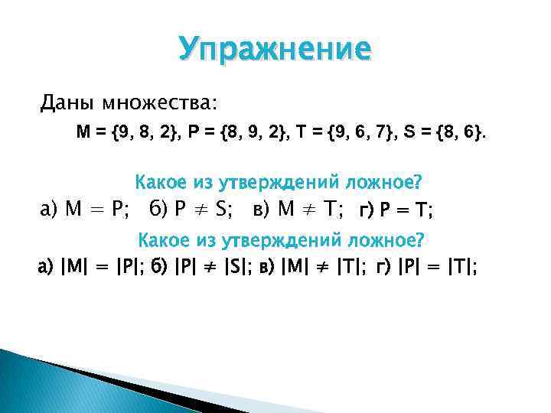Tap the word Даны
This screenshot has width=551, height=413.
point(64,102)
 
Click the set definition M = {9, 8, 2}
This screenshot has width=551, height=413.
point(127,133)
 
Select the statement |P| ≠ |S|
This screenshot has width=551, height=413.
point(203,267)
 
